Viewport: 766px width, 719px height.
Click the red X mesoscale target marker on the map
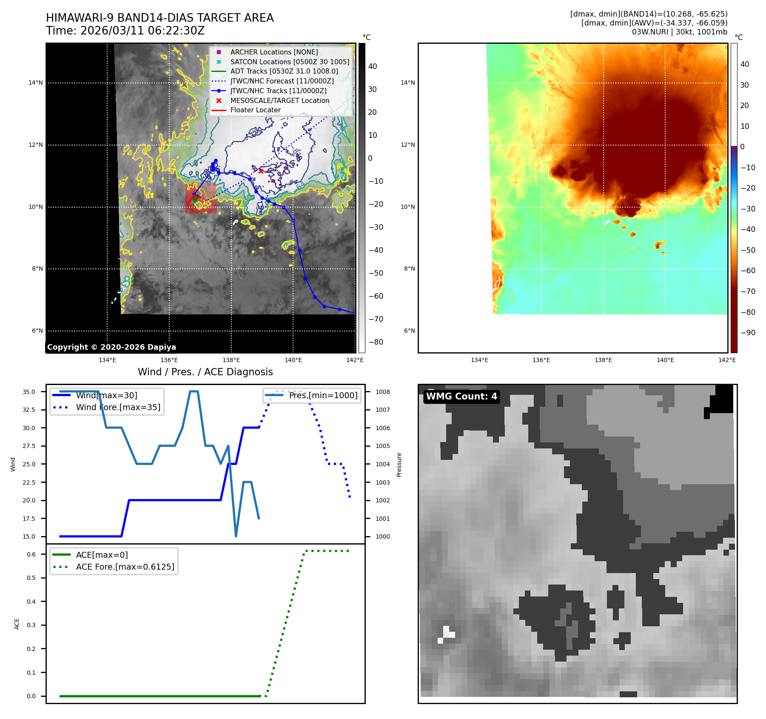pos(261,171)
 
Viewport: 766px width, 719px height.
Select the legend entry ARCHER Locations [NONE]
pos(274,52)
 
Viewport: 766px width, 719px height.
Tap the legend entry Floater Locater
pos(255,110)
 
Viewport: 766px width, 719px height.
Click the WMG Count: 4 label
pos(461,397)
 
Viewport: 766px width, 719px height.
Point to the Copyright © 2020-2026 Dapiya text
pos(111,347)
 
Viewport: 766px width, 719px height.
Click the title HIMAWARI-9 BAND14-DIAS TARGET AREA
pos(160,18)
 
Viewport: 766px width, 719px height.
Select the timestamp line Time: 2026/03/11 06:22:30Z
pos(125,31)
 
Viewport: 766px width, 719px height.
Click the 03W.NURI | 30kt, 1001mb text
pos(679,32)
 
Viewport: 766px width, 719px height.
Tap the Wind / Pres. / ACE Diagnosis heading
pos(205,372)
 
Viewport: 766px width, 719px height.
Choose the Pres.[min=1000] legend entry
pos(323,395)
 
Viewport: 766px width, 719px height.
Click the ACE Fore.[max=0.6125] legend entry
pos(125,567)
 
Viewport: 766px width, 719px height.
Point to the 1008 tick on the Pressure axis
pos(383,392)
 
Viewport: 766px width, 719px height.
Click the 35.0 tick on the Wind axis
pos(29,392)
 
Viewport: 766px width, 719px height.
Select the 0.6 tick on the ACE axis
pos(31,554)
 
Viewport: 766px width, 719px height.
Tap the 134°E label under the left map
pos(107,360)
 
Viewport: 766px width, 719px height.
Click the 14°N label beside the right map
pos(408,83)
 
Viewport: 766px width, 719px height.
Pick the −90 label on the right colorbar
pos(748,333)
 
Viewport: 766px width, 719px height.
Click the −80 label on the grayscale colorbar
pos(376,342)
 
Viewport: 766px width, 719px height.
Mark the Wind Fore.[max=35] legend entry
pos(118,407)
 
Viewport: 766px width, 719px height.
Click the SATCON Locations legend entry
pos(290,62)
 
